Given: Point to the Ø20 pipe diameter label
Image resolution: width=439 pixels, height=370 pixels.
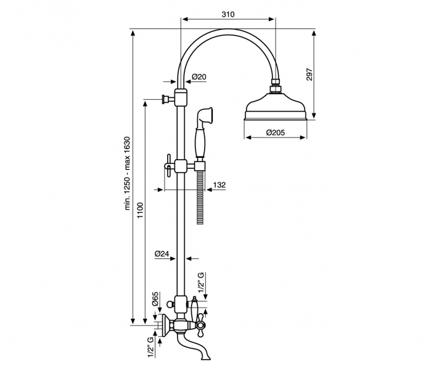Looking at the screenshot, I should pyautogui.click(x=199, y=77).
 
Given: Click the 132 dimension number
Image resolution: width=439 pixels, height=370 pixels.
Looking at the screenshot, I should pyautogui.click(x=219, y=184).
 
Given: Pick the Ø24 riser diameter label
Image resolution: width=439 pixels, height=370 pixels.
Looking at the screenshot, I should pyautogui.click(x=162, y=253).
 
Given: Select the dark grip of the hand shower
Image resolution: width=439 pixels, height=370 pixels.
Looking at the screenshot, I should pyautogui.click(x=199, y=142).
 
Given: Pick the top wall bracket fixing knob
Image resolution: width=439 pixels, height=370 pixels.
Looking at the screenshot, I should pyautogui.click(x=165, y=99).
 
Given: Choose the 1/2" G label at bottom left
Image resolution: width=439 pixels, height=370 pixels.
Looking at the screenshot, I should pyautogui.click(x=150, y=347).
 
